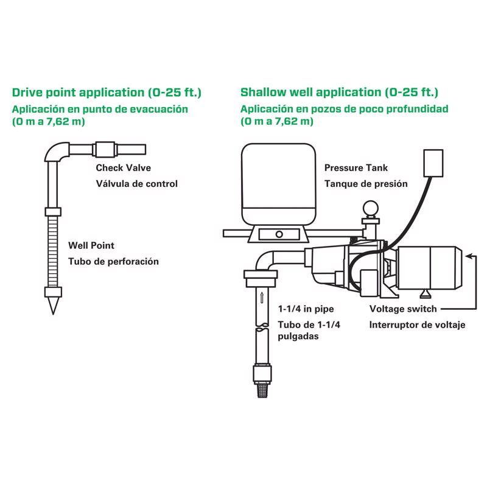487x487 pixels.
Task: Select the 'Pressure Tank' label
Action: (356, 167)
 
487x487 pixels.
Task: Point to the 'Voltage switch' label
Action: (403, 309)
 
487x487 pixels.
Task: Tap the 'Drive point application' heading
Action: (107, 93)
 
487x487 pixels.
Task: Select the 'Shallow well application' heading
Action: (339, 93)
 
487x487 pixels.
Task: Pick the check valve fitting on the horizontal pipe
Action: (105, 149)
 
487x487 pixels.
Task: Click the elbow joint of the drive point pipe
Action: (57, 152)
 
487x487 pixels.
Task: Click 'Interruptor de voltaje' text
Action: (417, 324)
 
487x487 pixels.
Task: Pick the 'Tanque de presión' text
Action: (366, 183)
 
